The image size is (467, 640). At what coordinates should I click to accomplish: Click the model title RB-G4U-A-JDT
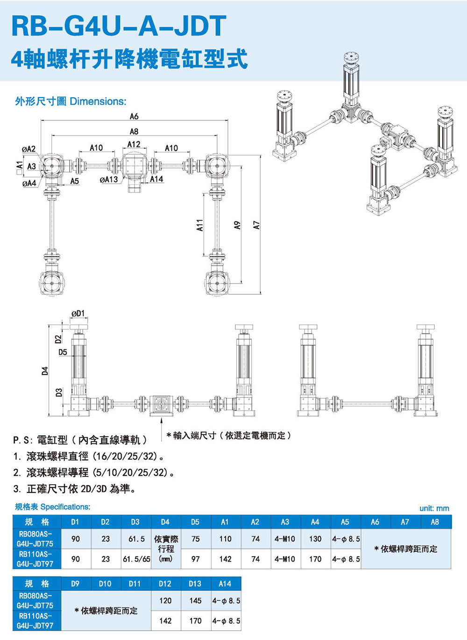click(x=119, y=26)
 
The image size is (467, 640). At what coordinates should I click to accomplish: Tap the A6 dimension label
click(x=134, y=116)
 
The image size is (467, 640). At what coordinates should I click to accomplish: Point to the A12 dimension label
click(x=134, y=145)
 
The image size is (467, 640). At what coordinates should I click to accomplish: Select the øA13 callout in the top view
click(x=109, y=179)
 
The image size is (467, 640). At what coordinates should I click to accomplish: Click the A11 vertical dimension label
click(x=199, y=225)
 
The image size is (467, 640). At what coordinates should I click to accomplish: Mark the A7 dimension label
click(x=256, y=225)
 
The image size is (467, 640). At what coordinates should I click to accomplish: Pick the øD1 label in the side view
click(x=78, y=313)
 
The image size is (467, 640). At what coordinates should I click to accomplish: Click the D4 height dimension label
click(x=45, y=371)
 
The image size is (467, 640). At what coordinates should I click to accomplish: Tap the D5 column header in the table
click(x=195, y=522)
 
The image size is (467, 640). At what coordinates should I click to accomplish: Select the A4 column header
click(x=315, y=522)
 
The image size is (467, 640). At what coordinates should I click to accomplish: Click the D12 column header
click(x=165, y=584)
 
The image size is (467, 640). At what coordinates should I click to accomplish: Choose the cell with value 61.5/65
click(x=136, y=559)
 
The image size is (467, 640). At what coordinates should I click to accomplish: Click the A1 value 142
click(x=226, y=559)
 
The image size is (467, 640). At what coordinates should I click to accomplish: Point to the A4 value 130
click(x=315, y=539)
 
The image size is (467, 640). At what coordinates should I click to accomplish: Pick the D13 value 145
click(x=195, y=601)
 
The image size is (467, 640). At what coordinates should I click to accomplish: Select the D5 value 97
click(x=195, y=559)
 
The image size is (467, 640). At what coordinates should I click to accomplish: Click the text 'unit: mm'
click(x=434, y=508)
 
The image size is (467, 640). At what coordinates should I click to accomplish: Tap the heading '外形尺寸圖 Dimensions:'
click(x=71, y=101)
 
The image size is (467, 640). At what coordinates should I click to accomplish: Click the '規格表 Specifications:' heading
click(x=52, y=507)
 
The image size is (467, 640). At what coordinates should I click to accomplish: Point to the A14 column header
click(x=225, y=584)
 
